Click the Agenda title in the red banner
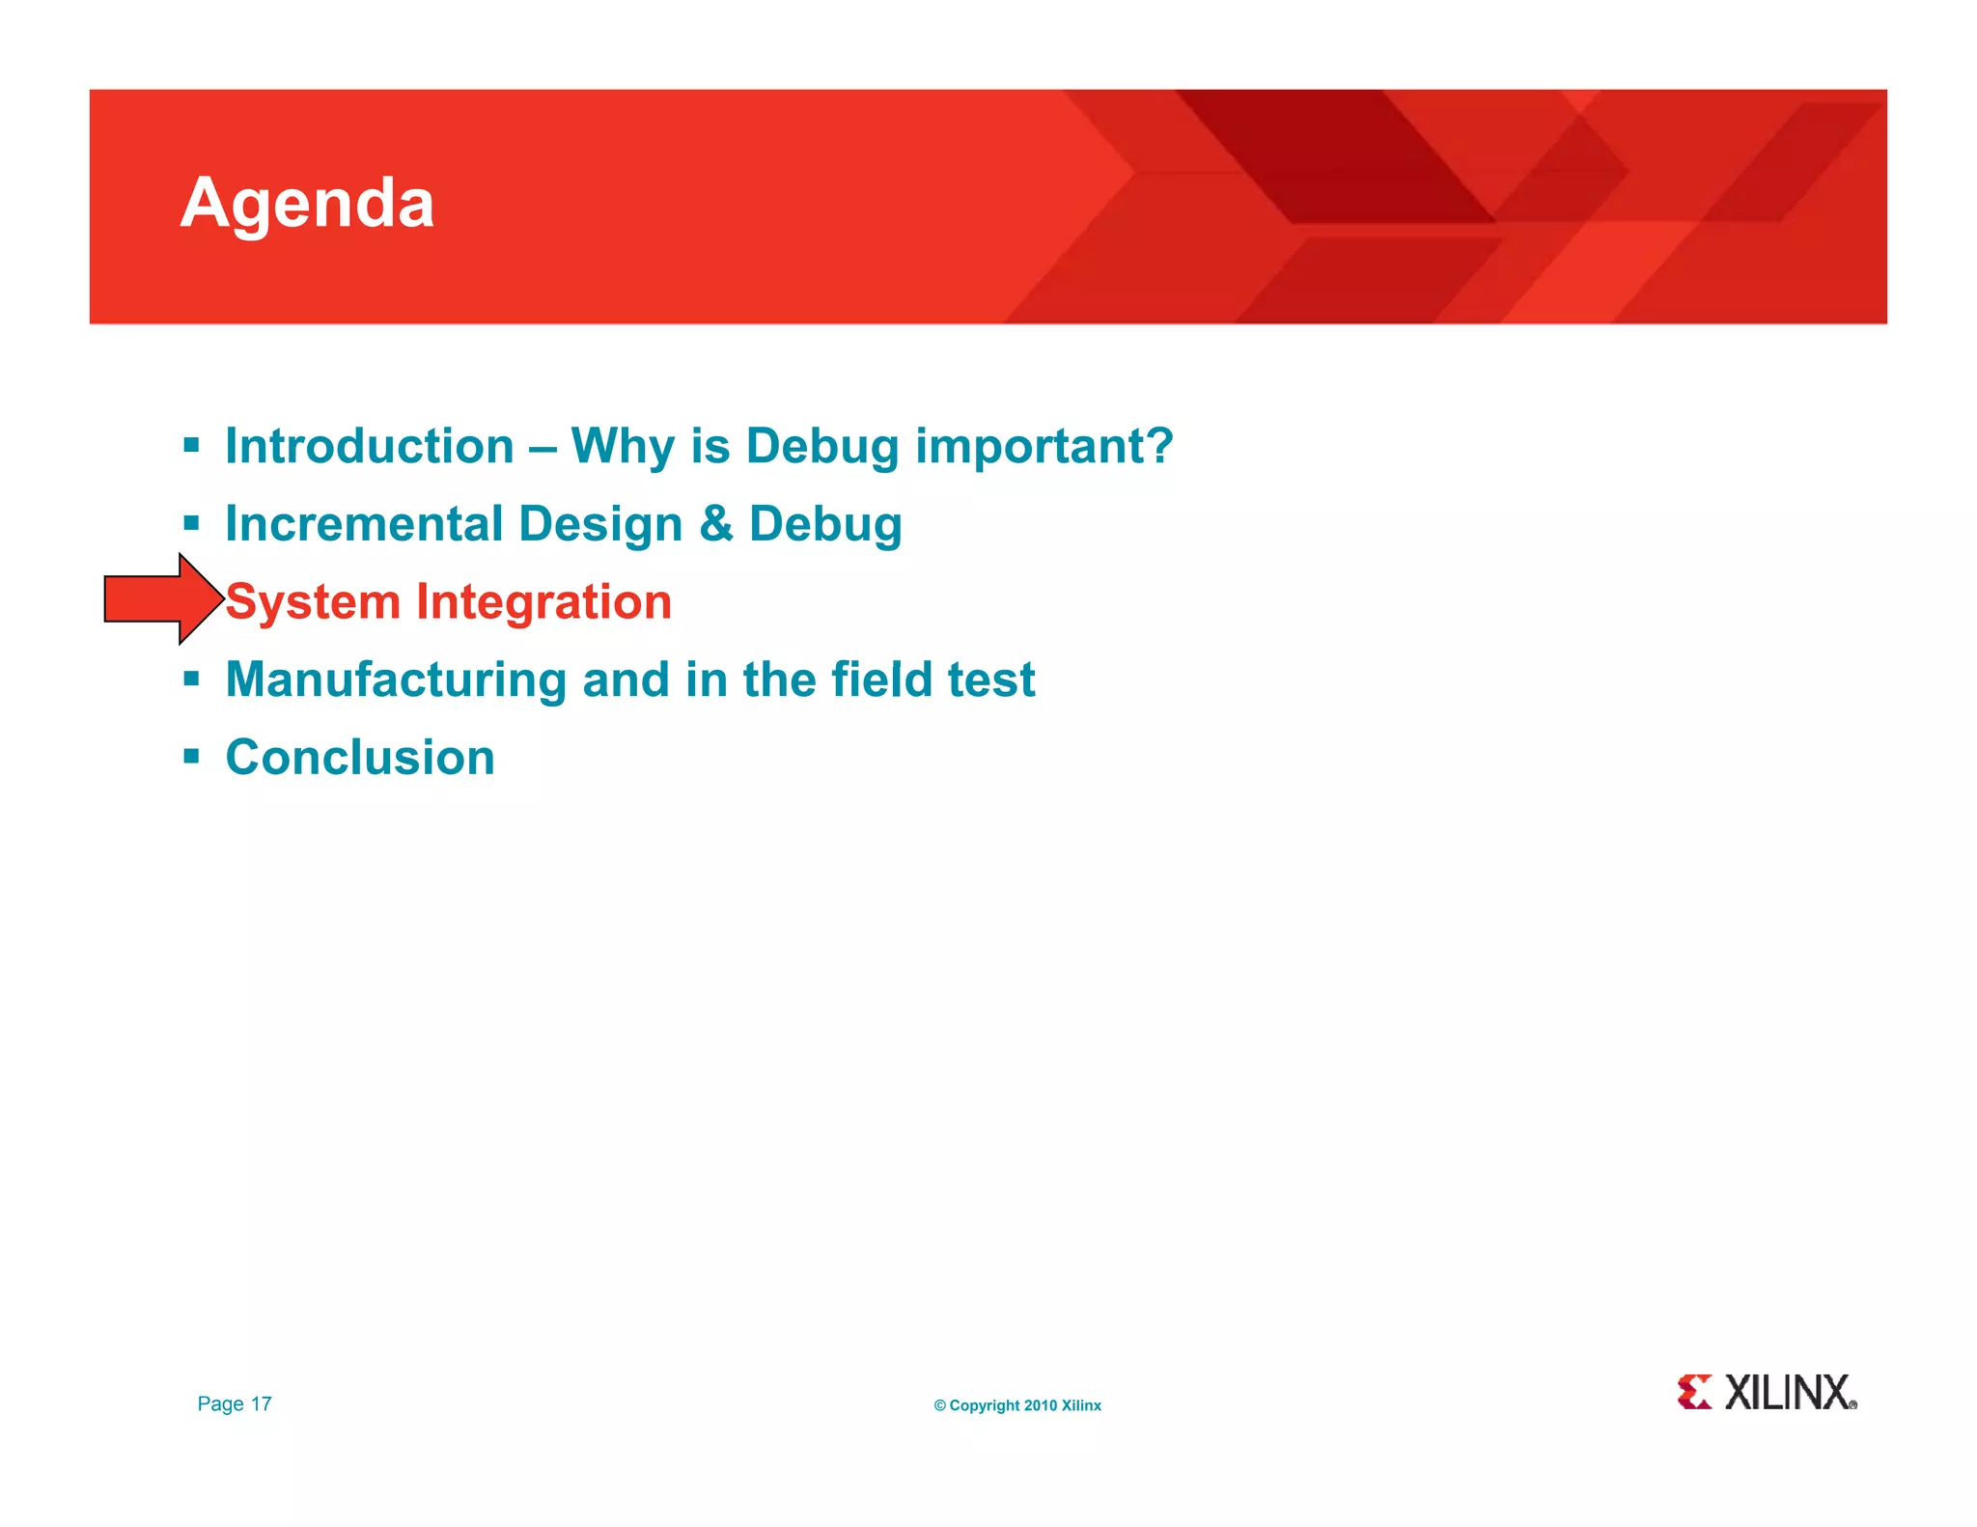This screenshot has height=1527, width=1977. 307,204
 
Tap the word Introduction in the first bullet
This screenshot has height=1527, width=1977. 370,447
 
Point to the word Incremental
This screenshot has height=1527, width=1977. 364,524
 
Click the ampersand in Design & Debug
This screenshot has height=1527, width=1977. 715,524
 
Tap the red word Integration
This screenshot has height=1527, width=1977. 543,602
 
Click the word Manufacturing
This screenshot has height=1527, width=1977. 396,680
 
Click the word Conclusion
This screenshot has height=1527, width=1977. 360,758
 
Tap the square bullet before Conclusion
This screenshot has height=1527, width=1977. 191,756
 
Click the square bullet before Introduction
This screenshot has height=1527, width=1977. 191,445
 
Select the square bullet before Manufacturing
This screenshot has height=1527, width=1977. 191,679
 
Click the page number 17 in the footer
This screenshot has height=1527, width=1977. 262,1403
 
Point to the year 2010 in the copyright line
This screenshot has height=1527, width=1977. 1040,1405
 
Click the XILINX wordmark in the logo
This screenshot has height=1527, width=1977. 1789,1393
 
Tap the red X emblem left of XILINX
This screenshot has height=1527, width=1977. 1694,1392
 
